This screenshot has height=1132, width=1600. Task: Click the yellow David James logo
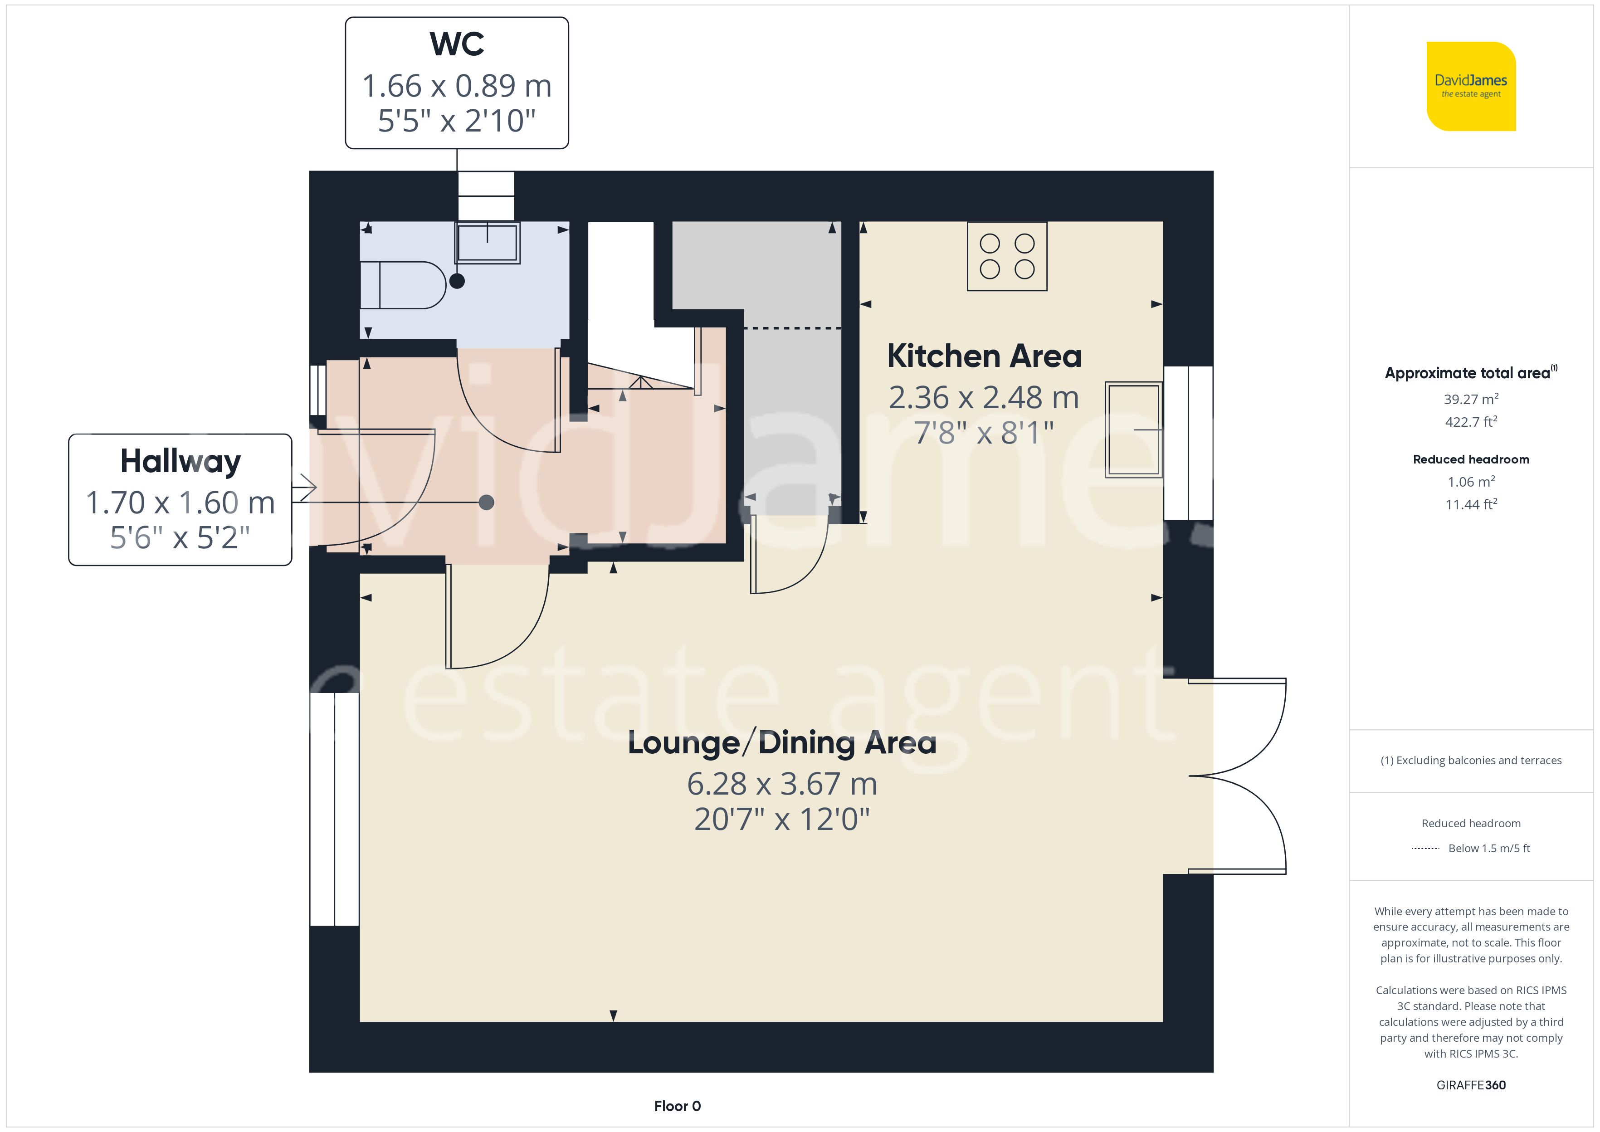[x=1471, y=87]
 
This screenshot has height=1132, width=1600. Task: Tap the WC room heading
[x=457, y=44]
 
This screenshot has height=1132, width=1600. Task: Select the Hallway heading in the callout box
[x=180, y=461]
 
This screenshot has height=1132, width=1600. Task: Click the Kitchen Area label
[x=984, y=356]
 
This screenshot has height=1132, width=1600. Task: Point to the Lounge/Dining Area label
[x=782, y=743]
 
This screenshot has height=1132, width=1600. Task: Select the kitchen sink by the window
[x=1134, y=429]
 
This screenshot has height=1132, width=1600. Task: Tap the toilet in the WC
[x=403, y=285]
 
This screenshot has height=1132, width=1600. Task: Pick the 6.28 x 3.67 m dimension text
[x=782, y=784]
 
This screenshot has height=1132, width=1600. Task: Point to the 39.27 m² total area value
[x=1471, y=400]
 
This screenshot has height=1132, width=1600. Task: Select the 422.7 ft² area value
[x=1471, y=422]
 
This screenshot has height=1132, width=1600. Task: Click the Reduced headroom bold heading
[x=1471, y=459]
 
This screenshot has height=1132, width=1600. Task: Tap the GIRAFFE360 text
[x=1471, y=1085]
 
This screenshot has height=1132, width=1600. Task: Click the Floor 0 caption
[x=678, y=1106]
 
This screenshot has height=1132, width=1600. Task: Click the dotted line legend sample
[x=1425, y=848]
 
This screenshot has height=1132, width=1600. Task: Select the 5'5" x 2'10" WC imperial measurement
[x=457, y=121]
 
